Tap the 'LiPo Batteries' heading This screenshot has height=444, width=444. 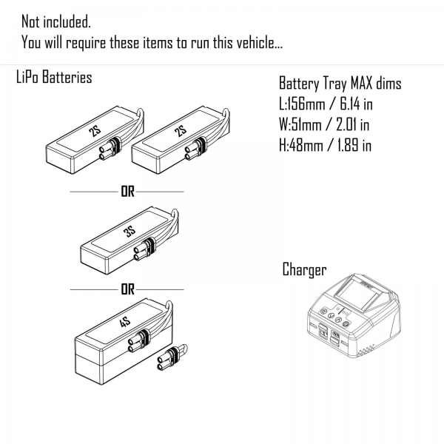54,78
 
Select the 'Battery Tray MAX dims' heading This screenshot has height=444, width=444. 340,84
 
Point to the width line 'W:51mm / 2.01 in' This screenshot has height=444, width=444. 324,125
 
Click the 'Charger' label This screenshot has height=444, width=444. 304,269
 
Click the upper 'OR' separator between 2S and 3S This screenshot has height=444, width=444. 127,192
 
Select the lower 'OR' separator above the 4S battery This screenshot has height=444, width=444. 127,289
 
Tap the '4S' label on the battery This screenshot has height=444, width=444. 123,326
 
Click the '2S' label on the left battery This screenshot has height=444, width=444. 94,132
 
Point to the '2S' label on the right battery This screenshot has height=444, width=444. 179,132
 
